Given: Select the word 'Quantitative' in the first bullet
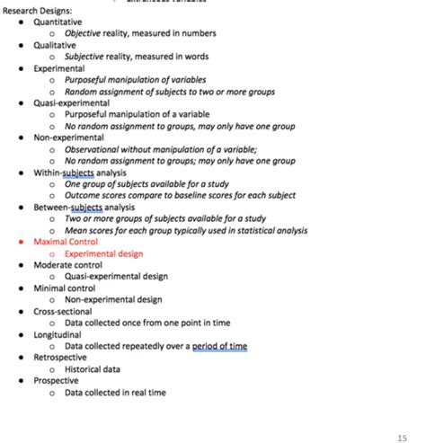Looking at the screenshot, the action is (58, 21).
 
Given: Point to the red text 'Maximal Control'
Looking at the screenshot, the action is (66, 242).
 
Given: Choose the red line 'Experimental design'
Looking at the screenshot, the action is (103, 253).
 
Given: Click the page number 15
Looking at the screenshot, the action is (402, 437).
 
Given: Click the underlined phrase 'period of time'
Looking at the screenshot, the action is (219, 346).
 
